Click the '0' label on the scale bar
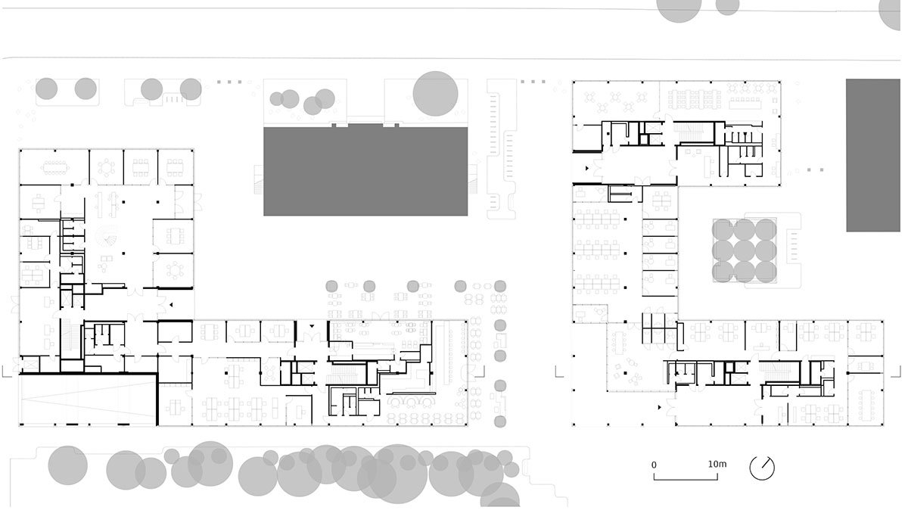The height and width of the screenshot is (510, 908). [654, 465]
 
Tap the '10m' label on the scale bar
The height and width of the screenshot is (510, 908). [717, 464]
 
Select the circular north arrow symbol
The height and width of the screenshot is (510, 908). [762, 468]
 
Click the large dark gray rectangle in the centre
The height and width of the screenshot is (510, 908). [365, 171]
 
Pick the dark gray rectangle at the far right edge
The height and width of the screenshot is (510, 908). [873, 155]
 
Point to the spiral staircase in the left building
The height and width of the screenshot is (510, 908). [107, 237]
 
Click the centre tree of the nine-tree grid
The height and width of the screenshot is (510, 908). [745, 250]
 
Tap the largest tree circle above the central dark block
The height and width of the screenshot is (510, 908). [435, 94]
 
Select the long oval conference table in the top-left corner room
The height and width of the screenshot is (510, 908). [54, 167]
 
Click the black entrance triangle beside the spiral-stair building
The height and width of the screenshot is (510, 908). [172, 304]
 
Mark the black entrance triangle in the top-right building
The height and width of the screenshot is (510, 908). [586, 168]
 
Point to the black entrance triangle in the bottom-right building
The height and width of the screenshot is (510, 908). [660, 407]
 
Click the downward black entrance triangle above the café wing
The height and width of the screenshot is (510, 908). [312, 325]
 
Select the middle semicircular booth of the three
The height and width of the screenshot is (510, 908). [412, 402]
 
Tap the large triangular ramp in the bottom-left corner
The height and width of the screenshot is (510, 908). [89, 401]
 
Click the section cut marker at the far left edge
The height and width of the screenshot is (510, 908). [6, 372]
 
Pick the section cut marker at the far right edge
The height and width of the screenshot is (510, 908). [896, 372]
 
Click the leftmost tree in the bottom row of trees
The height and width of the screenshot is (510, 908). [67, 465]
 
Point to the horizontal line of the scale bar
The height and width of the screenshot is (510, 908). [686, 480]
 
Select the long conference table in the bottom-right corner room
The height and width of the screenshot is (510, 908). [866, 406]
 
